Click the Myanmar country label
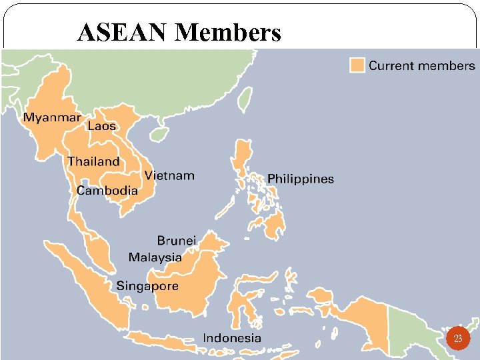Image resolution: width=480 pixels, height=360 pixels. (x=52, y=117)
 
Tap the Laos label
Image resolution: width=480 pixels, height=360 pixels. (x=101, y=126)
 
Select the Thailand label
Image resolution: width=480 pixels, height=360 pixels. (x=93, y=161)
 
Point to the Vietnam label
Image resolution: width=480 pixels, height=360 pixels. (x=169, y=176)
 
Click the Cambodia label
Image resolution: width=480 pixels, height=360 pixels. (x=107, y=191)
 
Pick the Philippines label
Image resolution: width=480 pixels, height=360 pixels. (x=301, y=179)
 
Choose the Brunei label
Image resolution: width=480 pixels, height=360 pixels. (x=176, y=240)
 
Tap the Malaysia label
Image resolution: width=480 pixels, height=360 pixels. (x=155, y=257)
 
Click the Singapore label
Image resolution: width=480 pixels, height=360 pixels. (x=147, y=286)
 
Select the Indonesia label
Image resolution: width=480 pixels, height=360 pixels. (x=232, y=338)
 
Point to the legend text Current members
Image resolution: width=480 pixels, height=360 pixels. (x=422, y=65)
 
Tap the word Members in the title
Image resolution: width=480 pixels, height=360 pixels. (x=227, y=32)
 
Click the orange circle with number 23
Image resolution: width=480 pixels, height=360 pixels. (x=458, y=339)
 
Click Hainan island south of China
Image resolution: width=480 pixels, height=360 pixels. (x=158, y=135)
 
